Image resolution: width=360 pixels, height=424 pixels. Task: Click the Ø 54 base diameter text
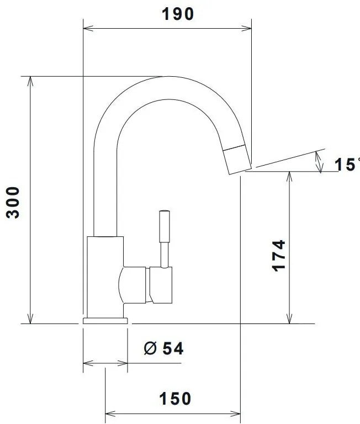point(163,348)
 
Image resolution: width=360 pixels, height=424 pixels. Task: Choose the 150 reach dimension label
point(175,398)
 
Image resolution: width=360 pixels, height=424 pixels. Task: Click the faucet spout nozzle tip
point(240,161)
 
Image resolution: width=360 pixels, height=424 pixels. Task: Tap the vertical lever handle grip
point(164,226)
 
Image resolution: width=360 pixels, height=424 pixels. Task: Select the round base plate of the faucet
point(105,320)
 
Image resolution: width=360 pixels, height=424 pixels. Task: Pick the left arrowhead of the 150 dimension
point(109,412)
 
